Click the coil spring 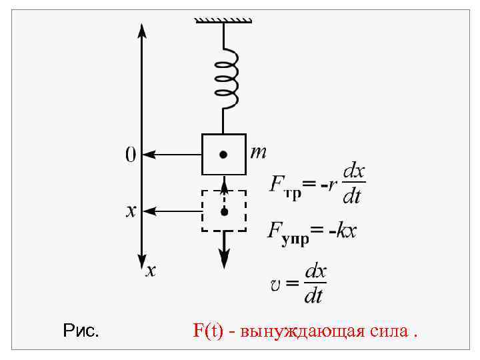click(225, 77)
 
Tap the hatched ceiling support click(223, 20)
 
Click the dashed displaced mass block click(224, 211)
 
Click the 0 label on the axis click(131, 155)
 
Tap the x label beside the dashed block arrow click(131, 211)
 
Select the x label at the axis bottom click(151, 270)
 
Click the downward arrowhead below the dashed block click(225, 256)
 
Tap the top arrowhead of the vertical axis click(141, 30)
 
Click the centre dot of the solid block click(224, 155)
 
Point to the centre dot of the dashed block click(225, 211)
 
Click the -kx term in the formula click(343, 231)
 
